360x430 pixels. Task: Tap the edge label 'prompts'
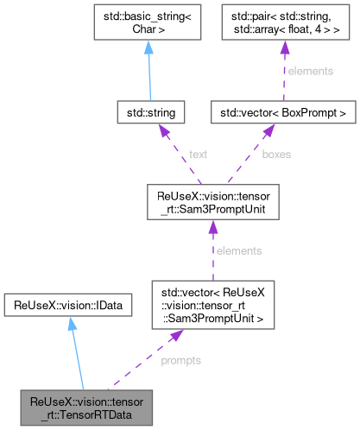click(181, 359)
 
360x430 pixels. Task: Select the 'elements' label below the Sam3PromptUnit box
click(238, 250)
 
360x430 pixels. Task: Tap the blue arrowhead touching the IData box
click(72, 322)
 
